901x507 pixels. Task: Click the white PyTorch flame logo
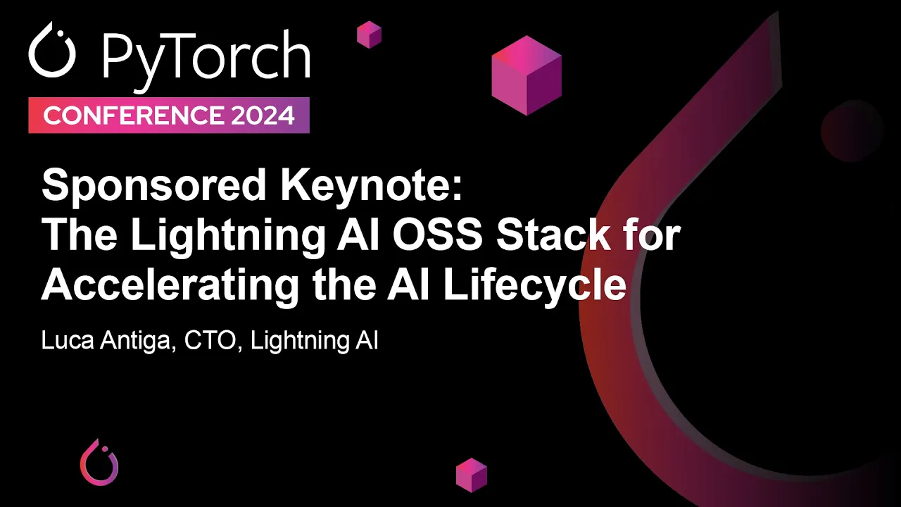click(x=51, y=51)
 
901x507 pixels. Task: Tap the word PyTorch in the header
click(x=206, y=56)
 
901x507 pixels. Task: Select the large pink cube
click(x=527, y=75)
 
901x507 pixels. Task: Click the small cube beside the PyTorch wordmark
click(x=369, y=35)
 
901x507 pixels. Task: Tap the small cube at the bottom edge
click(x=472, y=475)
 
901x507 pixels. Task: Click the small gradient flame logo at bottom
click(x=99, y=462)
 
